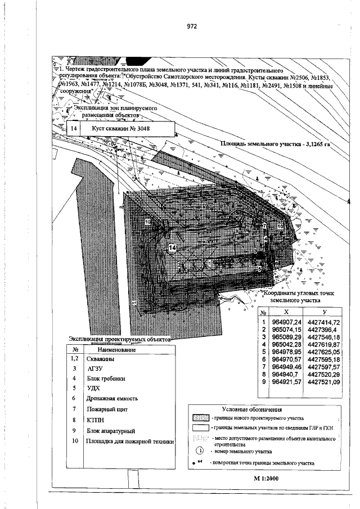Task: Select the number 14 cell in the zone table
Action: (73, 129)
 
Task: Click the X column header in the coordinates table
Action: (287, 312)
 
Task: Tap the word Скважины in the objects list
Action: (102, 358)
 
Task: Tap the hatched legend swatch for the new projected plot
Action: (201, 418)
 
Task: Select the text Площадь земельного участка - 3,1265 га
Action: (274, 144)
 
